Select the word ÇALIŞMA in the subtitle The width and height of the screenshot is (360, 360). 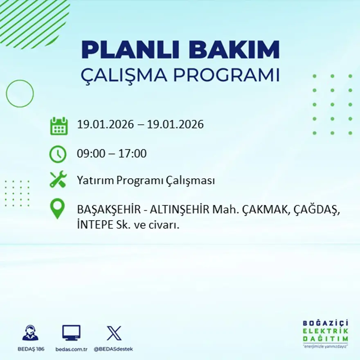point(124,76)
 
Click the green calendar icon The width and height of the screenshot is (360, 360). point(59,126)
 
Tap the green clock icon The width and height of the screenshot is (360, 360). point(58,154)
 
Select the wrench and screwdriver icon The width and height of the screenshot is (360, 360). point(58,180)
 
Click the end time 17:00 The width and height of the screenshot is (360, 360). point(133,154)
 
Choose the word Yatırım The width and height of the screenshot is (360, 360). point(95,180)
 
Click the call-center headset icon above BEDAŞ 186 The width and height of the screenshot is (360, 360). point(30,333)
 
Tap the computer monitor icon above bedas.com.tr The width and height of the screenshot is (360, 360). point(71,333)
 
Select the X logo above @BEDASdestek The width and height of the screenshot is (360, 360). point(114,333)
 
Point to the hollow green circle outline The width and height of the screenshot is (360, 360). point(20,94)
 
